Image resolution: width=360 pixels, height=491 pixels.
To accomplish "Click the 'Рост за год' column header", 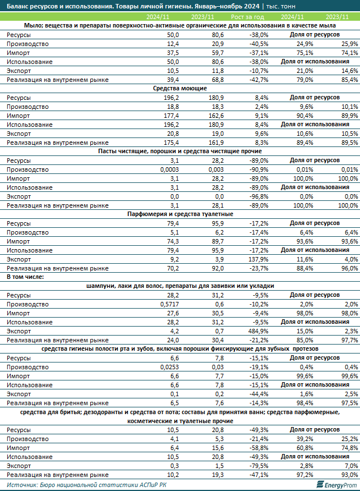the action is click(x=247, y=17).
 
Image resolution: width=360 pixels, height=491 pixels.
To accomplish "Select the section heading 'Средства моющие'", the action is click(x=179, y=88).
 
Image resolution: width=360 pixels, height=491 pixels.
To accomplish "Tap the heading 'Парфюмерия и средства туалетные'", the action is click(x=180, y=214).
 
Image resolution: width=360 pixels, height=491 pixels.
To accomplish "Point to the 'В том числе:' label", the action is click(x=25, y=277).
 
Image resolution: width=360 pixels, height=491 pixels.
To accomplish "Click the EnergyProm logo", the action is click(x=337, y=485).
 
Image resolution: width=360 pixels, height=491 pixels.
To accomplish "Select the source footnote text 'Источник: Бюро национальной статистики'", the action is click(x=68, y=485).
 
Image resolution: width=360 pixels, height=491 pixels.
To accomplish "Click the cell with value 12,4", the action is click(x=173, y=44).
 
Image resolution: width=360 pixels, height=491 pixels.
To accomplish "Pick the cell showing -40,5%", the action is click(x=259, y=44).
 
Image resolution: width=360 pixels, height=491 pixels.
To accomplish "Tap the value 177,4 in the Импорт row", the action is click(x=171, y=116).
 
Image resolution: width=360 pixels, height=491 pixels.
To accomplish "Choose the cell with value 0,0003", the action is click(x=169, y=169).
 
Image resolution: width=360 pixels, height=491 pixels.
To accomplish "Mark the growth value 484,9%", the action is click(x=259, y=331).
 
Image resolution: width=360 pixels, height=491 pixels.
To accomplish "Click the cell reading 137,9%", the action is click(x=259, y=260).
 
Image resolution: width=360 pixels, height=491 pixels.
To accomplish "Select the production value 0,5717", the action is click(x=169, y=304).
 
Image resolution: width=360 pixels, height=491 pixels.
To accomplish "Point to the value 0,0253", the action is click(x=169, y=368).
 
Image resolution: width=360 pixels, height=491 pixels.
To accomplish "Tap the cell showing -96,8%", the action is click(x=259, y=196).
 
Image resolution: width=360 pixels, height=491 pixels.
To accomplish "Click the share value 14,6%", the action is click(x=350, y=71).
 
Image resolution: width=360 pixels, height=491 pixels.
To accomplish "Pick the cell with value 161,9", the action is click(x=216, y=143).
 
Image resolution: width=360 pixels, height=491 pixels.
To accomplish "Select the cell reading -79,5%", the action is click(x=259, y=466).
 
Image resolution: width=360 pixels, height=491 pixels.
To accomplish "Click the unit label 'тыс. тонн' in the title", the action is click(x=281, y=6).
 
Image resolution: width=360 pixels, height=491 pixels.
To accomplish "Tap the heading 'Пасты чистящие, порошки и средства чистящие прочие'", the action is click(x=180, y=152).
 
